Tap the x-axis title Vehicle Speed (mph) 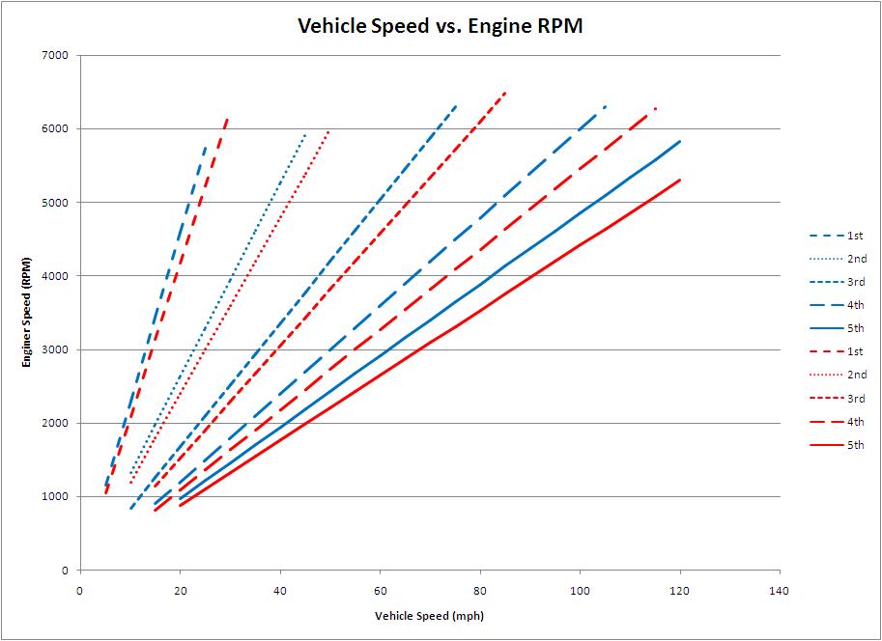(429, 615)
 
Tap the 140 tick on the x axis (780, 588)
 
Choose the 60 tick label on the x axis (380, 588)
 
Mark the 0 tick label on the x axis (79, 588)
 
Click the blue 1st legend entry (837, 236)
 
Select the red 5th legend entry (837, 445)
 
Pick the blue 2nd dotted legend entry (837, 259)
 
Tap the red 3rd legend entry (837, 399)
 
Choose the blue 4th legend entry (837, 305)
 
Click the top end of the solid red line (680, 180)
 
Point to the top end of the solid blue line (680, 141)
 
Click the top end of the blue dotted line (305, 134)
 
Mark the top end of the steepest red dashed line (227, 119)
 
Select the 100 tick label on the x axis (580, 588)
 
